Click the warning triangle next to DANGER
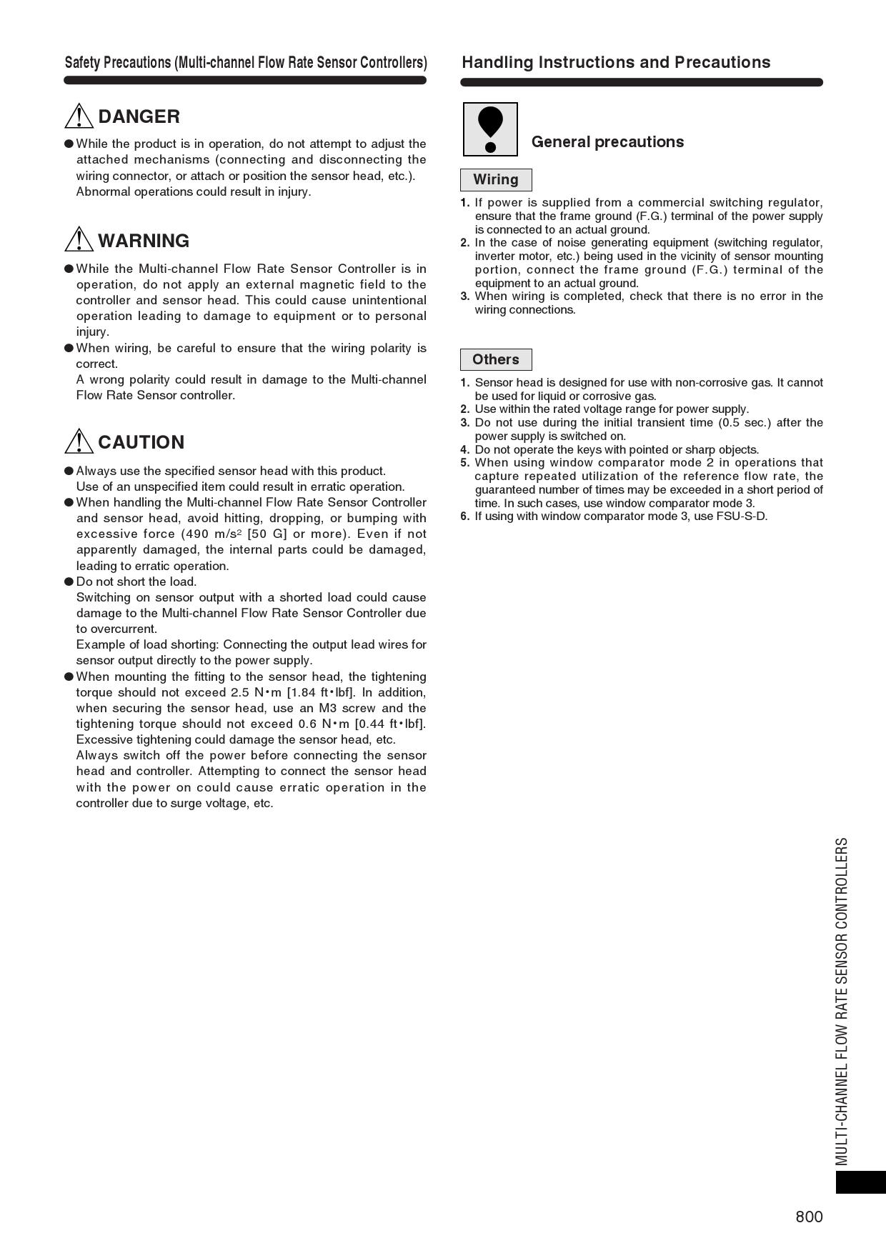(79, 116)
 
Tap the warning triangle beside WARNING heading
(79, 240)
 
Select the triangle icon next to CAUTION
(79, 441)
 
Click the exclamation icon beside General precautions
(490, 129)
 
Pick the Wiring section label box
(496, 180)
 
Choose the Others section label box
(496, 359)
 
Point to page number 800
(809, 1217)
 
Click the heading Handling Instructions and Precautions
(616, 62)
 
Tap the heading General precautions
(607, 141)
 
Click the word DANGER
(139, 116)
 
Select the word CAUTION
(141, 442)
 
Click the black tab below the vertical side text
(860, 1182)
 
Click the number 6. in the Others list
(465, 516)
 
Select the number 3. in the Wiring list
(465, 296)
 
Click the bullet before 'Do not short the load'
(69, 581)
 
